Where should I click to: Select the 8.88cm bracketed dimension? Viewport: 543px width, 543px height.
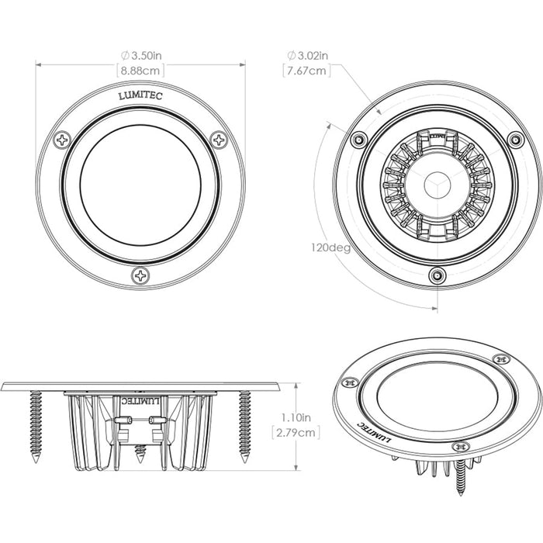tap(141, 71)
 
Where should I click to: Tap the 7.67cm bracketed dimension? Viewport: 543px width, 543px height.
tap(308, 71)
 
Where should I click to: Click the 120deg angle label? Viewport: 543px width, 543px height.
tap(329, 248)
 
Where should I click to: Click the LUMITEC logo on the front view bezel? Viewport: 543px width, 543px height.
tap(140, 97)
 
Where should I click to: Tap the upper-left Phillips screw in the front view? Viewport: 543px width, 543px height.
tap(63, 140)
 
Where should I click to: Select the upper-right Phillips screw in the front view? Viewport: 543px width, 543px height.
tap(220, 140)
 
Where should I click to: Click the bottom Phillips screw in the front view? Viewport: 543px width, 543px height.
tap(141, 275)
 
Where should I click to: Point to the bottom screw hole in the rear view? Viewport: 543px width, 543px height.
tap(438, 275)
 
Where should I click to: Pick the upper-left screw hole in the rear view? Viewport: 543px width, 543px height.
tap(358, 140)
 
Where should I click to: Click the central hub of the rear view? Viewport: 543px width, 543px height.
tap(437, 185)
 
